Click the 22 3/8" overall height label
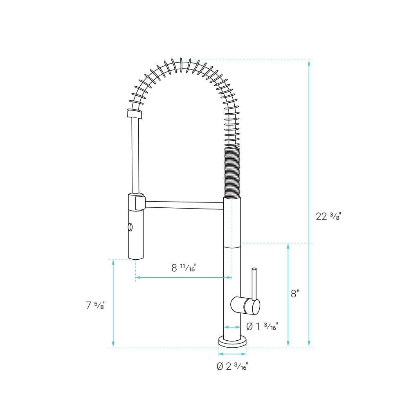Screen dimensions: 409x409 tap(328, 216)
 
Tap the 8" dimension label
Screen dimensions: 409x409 tap(295, 294)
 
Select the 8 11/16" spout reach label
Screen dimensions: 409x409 tap(184, 267)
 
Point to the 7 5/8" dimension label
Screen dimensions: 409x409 tap(96, 305)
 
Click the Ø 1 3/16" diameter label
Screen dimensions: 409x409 tap(262, 326)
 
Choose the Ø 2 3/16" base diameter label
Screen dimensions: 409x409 tap(232, 366)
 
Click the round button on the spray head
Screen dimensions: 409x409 tap(130, 227)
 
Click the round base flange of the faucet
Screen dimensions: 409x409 tap(232, 342)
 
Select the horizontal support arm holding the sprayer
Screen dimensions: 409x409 tap(184, 205)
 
